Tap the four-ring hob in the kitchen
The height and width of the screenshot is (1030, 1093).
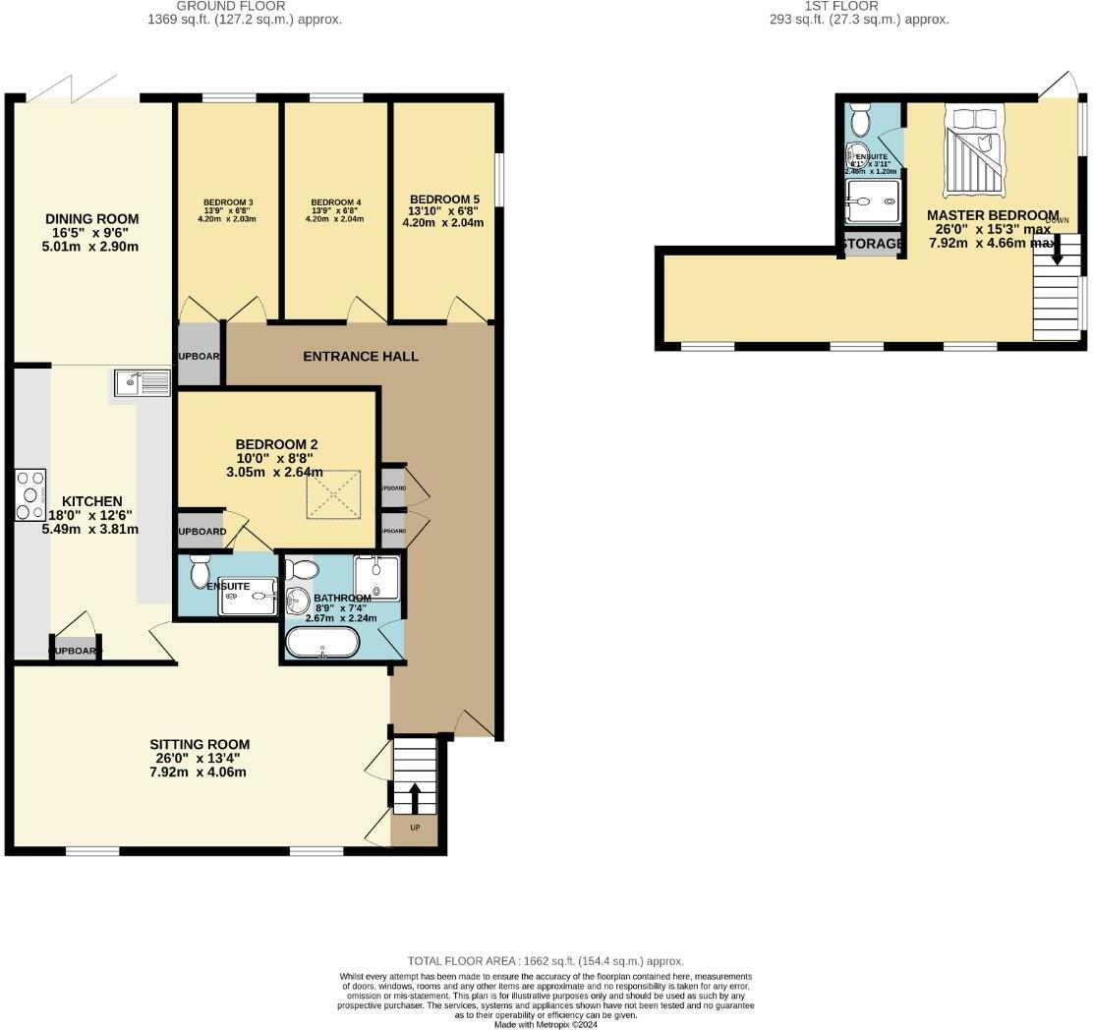coord(30,495)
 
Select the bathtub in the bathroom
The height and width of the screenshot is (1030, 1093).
coord(322,643)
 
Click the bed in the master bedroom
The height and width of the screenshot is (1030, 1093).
coord(973,146)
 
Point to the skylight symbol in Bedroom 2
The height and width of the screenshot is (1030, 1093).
coord(335,493)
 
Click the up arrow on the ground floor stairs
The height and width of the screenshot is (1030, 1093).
coord(414,796)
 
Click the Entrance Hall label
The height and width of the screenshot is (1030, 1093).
coord(361,356)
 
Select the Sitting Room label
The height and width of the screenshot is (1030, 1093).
coord(200,744)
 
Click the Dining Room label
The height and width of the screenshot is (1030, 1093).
coord(91,219)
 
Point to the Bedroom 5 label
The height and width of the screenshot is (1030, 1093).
coord(443,197)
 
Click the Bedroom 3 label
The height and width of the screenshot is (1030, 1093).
coord(226,202)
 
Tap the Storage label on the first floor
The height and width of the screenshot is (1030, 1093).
coord(872,244)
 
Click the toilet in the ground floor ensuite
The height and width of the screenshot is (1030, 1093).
coord(201,569)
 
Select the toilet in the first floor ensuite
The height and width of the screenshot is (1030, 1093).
coord(861,122)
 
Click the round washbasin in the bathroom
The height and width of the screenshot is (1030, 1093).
coord(299,599)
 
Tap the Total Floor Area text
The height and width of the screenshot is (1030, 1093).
coord(546,961)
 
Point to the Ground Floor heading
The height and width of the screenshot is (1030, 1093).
coord(244,5)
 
